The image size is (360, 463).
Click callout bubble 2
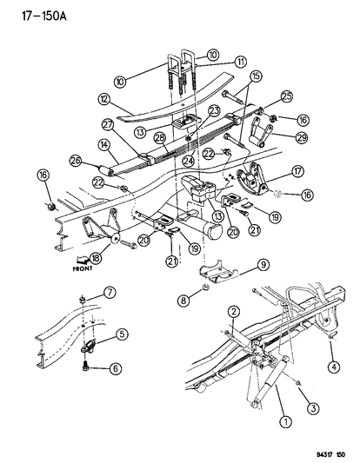234,311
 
